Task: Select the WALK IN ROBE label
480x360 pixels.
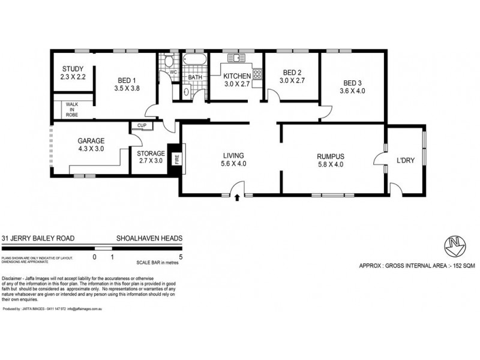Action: click(72, 109)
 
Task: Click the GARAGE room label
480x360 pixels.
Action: click(91, 141)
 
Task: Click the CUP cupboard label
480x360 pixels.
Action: click(142, 126)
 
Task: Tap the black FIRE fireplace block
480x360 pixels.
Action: click(175, 160)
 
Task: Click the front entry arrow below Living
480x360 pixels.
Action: click(238, 197)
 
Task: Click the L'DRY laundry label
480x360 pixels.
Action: click(406, 160)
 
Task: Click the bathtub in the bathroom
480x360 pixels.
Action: click(194, 60)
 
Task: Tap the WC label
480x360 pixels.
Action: click(173, 72)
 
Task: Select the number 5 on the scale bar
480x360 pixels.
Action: click(181, 257)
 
